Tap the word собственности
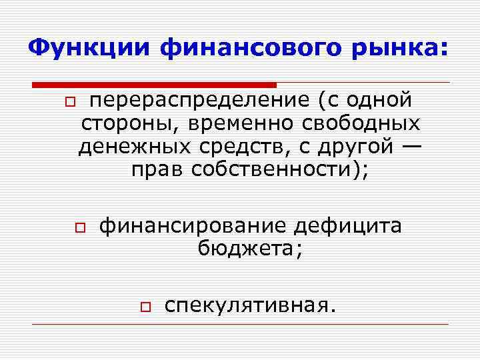click(275, 170)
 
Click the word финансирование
click(193, 227)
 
